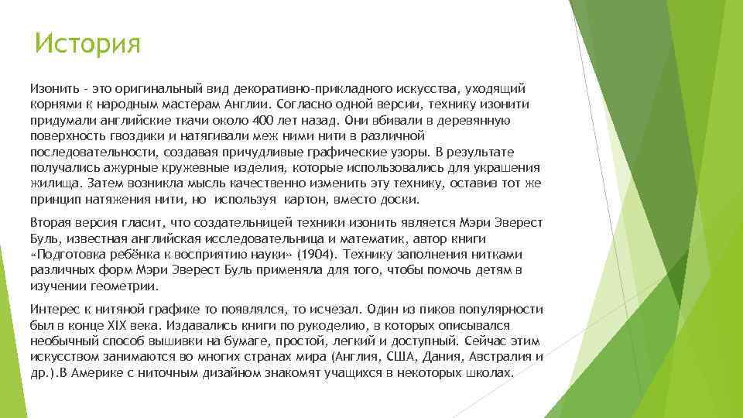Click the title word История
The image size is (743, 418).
tap(87, 44)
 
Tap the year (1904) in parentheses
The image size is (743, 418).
tap(317, 253)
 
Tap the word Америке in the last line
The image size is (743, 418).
tap(88, 372)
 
